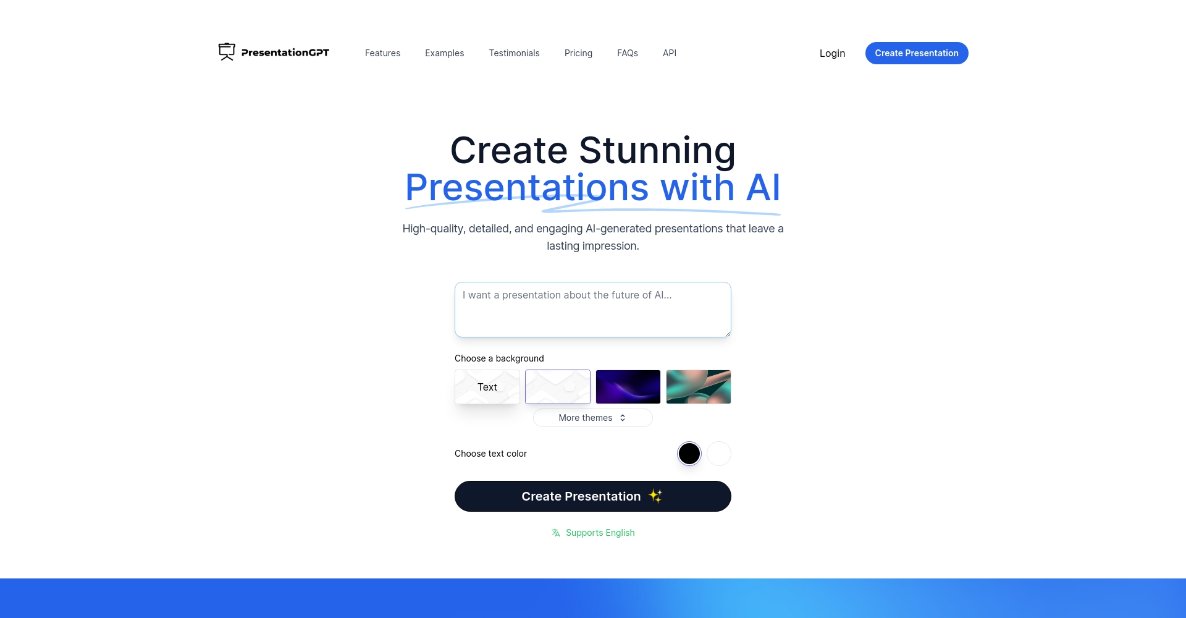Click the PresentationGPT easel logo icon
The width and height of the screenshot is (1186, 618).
pos(227,52)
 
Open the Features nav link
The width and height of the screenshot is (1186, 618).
pos(382,53)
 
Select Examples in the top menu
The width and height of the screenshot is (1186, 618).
pos(444,53)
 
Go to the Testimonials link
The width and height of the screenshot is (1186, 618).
pos(514,53)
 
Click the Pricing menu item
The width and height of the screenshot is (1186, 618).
pos(578,53)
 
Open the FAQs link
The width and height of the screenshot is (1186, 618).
pos(627,53)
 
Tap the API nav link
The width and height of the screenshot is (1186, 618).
pos(669,53)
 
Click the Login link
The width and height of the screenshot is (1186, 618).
pos(832,53)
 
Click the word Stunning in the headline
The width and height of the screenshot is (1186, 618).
pos(657,150)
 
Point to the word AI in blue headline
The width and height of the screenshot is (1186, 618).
pos(763,187)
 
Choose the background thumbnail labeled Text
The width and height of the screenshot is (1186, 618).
pos(487,387)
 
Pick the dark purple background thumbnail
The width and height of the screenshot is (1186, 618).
pos(628,387)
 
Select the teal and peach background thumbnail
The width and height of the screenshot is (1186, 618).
pos(698,387)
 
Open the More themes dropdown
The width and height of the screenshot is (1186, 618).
pos(592,418)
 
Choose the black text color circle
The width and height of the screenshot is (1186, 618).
pos(689,454)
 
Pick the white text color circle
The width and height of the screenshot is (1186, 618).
pos(718,454)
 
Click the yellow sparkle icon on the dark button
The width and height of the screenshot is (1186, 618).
pos(655,496)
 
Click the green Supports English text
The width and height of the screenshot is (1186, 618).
pos(600,533)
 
